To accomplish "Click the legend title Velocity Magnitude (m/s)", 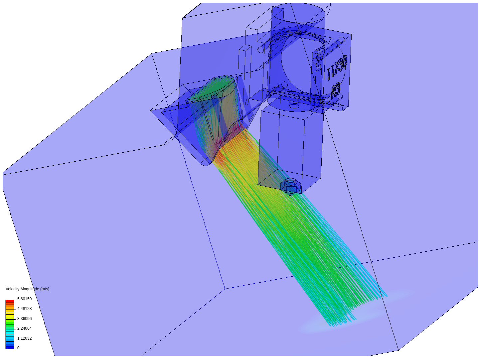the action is pos(28,289).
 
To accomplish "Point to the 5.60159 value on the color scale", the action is pos(24,299).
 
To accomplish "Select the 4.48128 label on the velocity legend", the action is pos(24,309).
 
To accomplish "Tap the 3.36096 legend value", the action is pos(24,318).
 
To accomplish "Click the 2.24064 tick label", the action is pos(24,328).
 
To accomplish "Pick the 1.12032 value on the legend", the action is pos(24,338).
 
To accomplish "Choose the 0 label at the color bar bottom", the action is pos(18,348).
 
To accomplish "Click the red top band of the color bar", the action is pos(10,301).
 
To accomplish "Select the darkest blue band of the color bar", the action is pos(10,347).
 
